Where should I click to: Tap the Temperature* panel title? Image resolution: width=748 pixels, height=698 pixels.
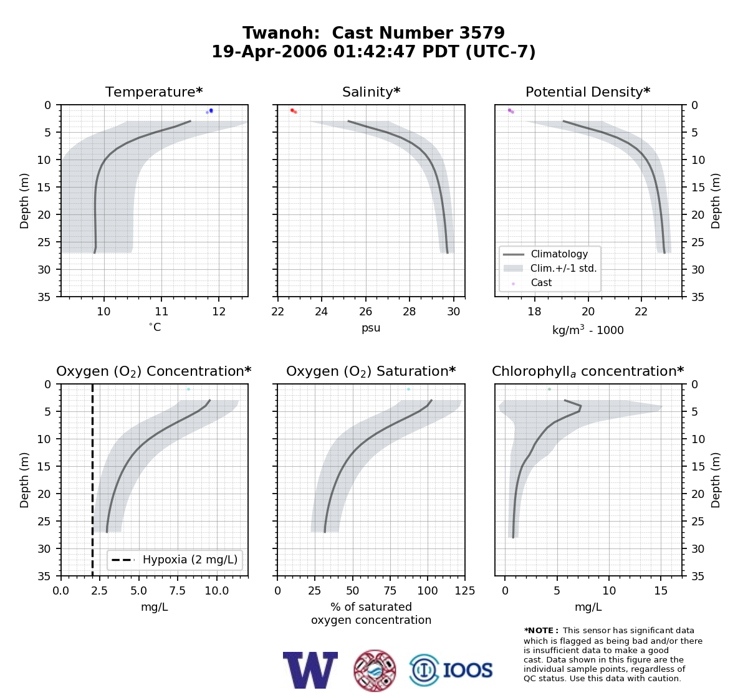(x=154, y=92)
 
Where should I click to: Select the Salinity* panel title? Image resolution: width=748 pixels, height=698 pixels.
(x=371, y=92)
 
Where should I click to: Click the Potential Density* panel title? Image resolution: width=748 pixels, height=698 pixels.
(x=588, y=92)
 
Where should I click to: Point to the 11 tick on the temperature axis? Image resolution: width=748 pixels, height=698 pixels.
(x=161, y=312)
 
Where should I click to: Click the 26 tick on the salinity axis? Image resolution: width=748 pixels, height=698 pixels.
(x=365, y=312)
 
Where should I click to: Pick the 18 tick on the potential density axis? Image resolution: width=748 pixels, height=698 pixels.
(x=534, y=312)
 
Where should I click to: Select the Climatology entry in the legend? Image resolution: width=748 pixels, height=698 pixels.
(x=559, y=254)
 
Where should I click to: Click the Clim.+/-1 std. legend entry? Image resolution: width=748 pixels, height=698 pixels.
(x=563, y=268)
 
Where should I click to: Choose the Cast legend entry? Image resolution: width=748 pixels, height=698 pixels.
(x=541, y=282)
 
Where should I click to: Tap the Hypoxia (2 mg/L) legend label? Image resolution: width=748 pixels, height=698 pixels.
(x=190, y=560)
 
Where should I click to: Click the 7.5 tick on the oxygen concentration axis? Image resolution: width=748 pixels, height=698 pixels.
(x=178, y=591)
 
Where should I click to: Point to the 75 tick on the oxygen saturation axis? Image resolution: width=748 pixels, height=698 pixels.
(x=390, y=591)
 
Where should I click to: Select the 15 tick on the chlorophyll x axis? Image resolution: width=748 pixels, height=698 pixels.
(x=661, y=591)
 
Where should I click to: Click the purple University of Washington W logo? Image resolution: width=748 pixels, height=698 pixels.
(x=310, y=671)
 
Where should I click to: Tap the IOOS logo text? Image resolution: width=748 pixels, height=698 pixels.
(x=468, y=670)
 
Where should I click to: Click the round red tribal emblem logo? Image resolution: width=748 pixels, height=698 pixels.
(x=375, y=671)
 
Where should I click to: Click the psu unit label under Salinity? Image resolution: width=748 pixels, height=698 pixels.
(x=371, y=328)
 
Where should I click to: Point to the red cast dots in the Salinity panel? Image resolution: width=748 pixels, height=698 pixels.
(x=294, y=111)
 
